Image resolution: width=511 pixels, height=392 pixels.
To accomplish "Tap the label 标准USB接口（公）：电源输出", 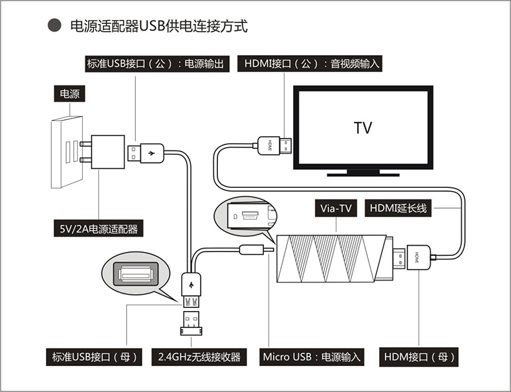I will pos(157,63).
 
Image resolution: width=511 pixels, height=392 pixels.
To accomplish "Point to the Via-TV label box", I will pos(336,209).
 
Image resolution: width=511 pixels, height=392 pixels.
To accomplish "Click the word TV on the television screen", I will pos(363,128).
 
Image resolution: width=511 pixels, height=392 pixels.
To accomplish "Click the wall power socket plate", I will pos(65,152).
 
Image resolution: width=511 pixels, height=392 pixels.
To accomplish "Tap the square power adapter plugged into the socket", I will pos(107,152).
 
